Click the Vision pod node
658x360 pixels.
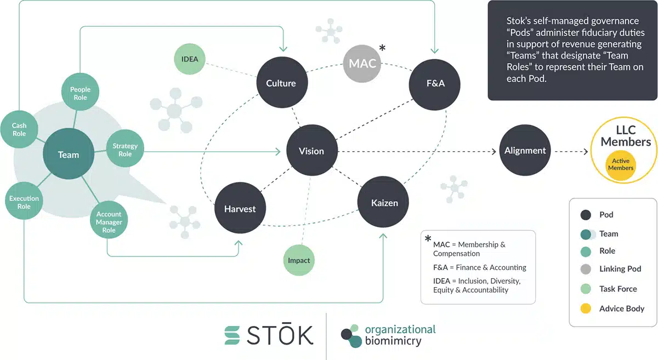(311, 151)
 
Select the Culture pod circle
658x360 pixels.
(281, 83)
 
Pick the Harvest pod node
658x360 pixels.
(240, 208)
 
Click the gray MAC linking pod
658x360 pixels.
(362, 64)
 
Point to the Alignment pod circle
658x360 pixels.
(525, 151)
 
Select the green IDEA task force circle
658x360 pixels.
(190, 59)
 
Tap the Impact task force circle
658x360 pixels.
(299, 260)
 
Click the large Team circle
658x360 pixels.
(69, 155)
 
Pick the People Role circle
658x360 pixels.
(80, 94)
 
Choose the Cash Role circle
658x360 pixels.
(19, 130)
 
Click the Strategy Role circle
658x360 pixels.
(125, 150)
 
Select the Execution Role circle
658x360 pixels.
(24, 202)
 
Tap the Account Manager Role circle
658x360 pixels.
(109, 222)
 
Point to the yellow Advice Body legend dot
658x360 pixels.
(586, 308)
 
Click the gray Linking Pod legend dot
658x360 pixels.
(586, 269)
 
